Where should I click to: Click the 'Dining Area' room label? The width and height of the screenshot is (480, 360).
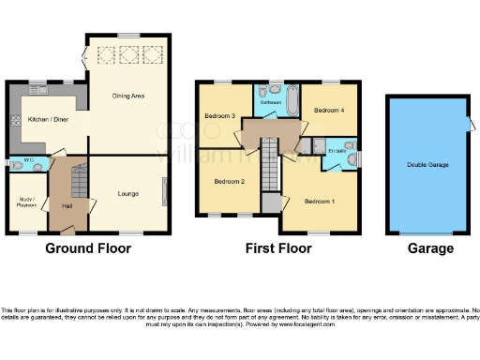[x=127, y=95]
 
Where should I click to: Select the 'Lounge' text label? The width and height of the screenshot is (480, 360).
[x=128, y=194]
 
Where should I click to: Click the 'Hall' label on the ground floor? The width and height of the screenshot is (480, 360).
[x=67, y=205]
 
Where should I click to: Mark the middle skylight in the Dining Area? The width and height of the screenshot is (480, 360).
[x=127, y=52]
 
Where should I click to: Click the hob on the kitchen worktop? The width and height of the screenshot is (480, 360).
[x=15, y=120]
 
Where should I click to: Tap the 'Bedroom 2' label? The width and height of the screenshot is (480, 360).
[x=230, y=181]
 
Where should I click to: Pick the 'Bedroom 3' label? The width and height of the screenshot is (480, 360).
[x=219, y=117]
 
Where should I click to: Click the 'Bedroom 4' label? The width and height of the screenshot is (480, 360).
[x=329, y=111]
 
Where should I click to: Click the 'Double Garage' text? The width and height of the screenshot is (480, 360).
[x=427, y=164]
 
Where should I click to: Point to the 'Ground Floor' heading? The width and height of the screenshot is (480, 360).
[x=89, y=248]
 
